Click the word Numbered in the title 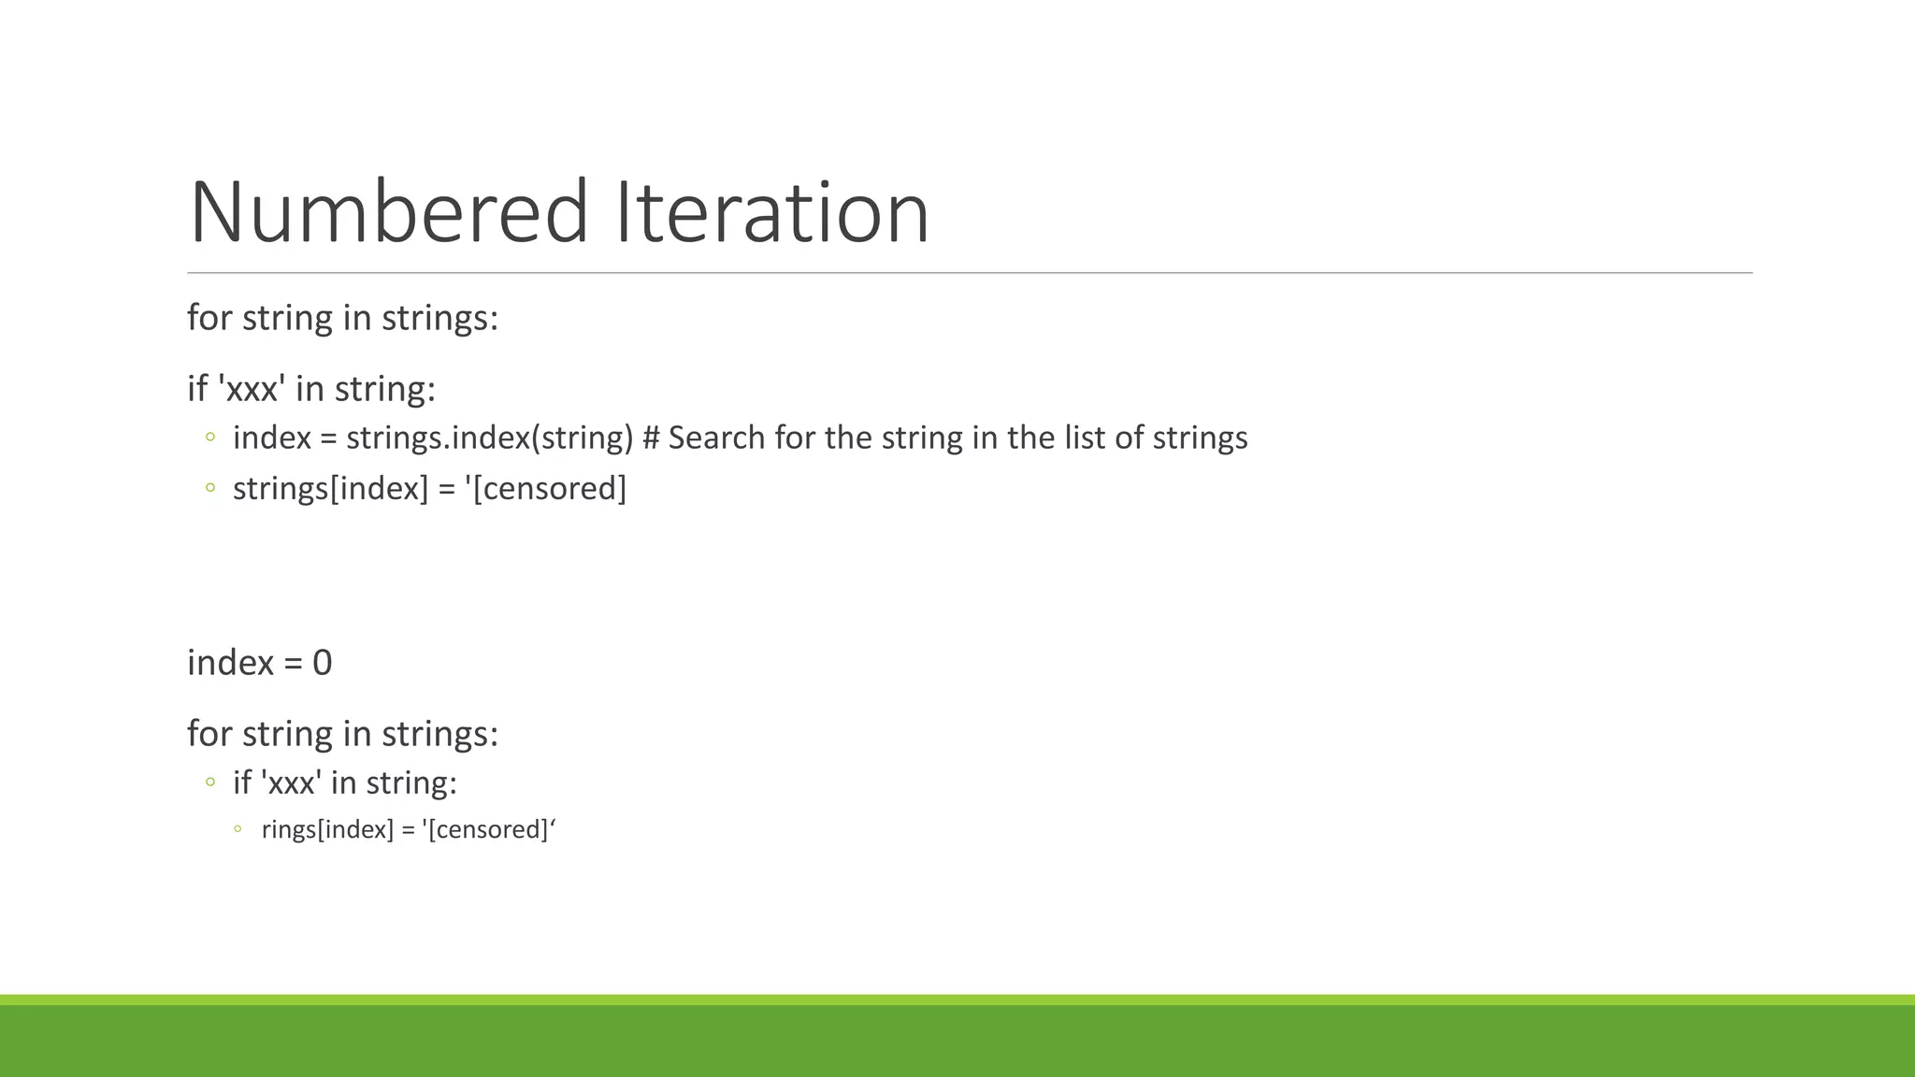(389, 213)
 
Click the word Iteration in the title (772, 213)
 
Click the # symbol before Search (652, 438)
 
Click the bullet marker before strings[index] (210, 488)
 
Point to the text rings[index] (327, 830)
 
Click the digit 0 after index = (323, 663)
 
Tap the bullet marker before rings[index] (238, 829)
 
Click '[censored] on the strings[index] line (546, 488)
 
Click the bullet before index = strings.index (210, 438)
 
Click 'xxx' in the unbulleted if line (252, 389)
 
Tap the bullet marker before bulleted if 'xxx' (210, 783)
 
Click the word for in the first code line (209, 318)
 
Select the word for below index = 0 (209, 734)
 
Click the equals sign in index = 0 (293, 664)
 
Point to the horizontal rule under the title (969, 273)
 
